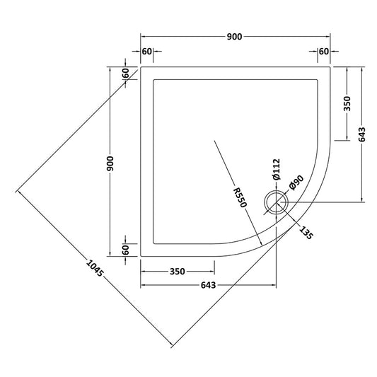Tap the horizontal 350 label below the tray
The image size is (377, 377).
[178, 271]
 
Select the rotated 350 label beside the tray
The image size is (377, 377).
[346, 105]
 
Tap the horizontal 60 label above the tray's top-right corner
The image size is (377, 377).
[324, 51]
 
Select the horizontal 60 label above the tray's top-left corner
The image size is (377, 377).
[147, 51]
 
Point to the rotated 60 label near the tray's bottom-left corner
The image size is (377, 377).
[125, 248]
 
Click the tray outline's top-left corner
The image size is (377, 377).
[141, 68]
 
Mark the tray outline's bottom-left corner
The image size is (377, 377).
[141, 256]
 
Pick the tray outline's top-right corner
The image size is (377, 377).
[330, 68]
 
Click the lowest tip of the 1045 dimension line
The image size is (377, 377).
[172, 347]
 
